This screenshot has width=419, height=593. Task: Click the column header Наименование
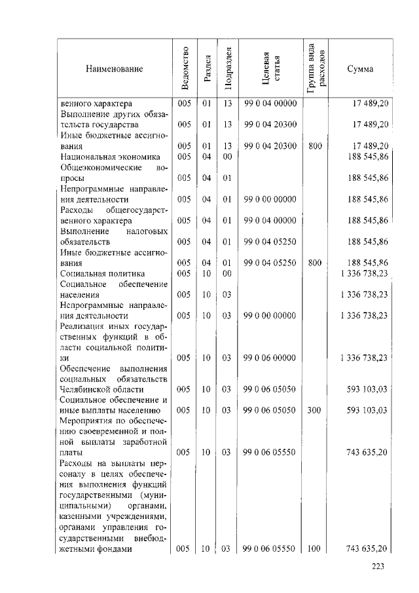pos(113,69)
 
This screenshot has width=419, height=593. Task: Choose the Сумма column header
pos(360,69)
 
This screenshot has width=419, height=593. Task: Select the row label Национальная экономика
pos(109,157)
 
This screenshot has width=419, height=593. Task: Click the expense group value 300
pos(314,410)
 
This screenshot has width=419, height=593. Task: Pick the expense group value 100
pos(314,548)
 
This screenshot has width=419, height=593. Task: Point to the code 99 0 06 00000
pos(270,358)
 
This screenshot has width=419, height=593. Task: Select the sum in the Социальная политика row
pos(364,273)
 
